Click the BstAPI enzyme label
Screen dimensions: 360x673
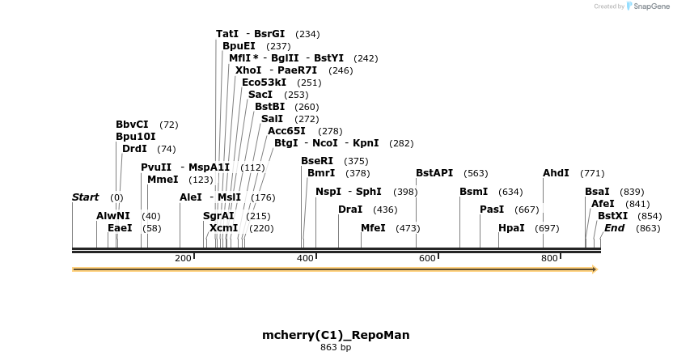pos(434,173)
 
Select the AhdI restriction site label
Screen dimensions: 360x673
pos(556,173)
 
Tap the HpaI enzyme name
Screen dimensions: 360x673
pos(511,228)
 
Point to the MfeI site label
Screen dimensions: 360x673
pos(373,228)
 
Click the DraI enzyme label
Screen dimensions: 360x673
pos(350,210)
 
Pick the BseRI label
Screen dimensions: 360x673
pos(316,161)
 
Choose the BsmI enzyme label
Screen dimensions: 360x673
pos(473,192)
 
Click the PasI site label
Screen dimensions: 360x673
pos(492,210)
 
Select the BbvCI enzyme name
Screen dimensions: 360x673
pos(132,125)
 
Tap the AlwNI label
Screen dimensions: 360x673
pos(112,216)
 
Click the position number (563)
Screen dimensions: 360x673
pos(476,173)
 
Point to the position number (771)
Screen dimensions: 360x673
pos(592,173)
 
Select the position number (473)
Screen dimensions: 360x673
pos(408,228)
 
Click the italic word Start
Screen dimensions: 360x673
pos(85,197)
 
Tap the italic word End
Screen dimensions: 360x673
pos(614,228)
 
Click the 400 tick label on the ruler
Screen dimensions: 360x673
pos(305,258)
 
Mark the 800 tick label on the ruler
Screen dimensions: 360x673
pos(549,258)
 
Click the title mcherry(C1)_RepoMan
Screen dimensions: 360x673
pos(336,335)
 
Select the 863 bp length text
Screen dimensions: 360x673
pos(336,348)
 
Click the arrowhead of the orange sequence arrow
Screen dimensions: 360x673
pos(595,269)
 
